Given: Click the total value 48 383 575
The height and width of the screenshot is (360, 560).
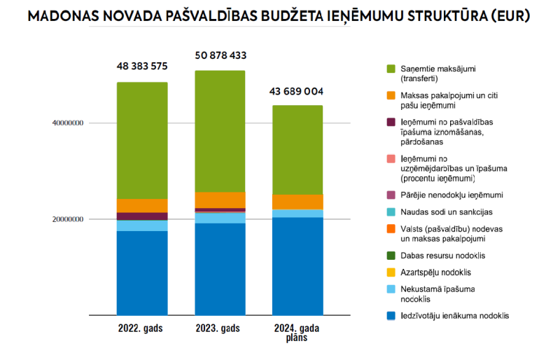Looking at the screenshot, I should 142,67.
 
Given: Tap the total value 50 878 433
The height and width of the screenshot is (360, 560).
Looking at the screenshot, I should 220,55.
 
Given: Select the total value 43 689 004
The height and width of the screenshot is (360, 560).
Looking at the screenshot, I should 297,91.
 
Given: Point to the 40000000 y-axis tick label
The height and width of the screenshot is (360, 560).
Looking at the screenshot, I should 68,123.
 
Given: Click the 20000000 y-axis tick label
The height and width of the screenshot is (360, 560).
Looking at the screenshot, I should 68,219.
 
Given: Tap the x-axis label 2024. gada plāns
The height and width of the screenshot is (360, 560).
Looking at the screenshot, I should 297,332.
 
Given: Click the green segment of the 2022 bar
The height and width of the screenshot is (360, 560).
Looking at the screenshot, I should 142,140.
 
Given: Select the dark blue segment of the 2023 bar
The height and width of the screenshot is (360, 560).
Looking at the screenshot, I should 220,269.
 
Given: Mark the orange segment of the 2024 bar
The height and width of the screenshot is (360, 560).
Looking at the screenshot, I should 297,202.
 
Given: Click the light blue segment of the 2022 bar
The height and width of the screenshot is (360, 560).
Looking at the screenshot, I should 142,226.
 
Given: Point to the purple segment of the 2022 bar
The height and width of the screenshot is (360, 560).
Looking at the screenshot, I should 142,216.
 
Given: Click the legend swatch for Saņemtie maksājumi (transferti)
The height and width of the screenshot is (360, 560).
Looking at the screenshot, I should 391,69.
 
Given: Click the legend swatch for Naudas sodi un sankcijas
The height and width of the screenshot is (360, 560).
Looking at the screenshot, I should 391,212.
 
